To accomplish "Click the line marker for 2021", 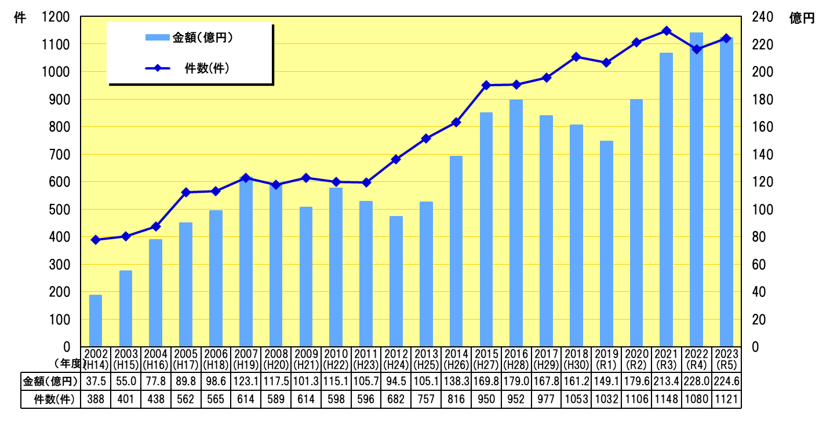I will (x=666, y=31).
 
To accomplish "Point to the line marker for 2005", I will (x=186, y=192).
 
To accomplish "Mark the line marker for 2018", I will (x=576, y=57).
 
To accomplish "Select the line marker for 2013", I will (x=426, y=138).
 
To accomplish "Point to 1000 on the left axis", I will (x=56, y=72).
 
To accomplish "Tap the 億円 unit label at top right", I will (x=802, y=19).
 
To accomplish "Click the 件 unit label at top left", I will (x=19, y=19).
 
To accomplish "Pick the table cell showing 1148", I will (x=666, y=400).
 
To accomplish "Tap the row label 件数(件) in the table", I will (x=50, y=400).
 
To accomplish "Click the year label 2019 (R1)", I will (x=606, y=358).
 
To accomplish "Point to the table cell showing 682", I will (x=396, y=400).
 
